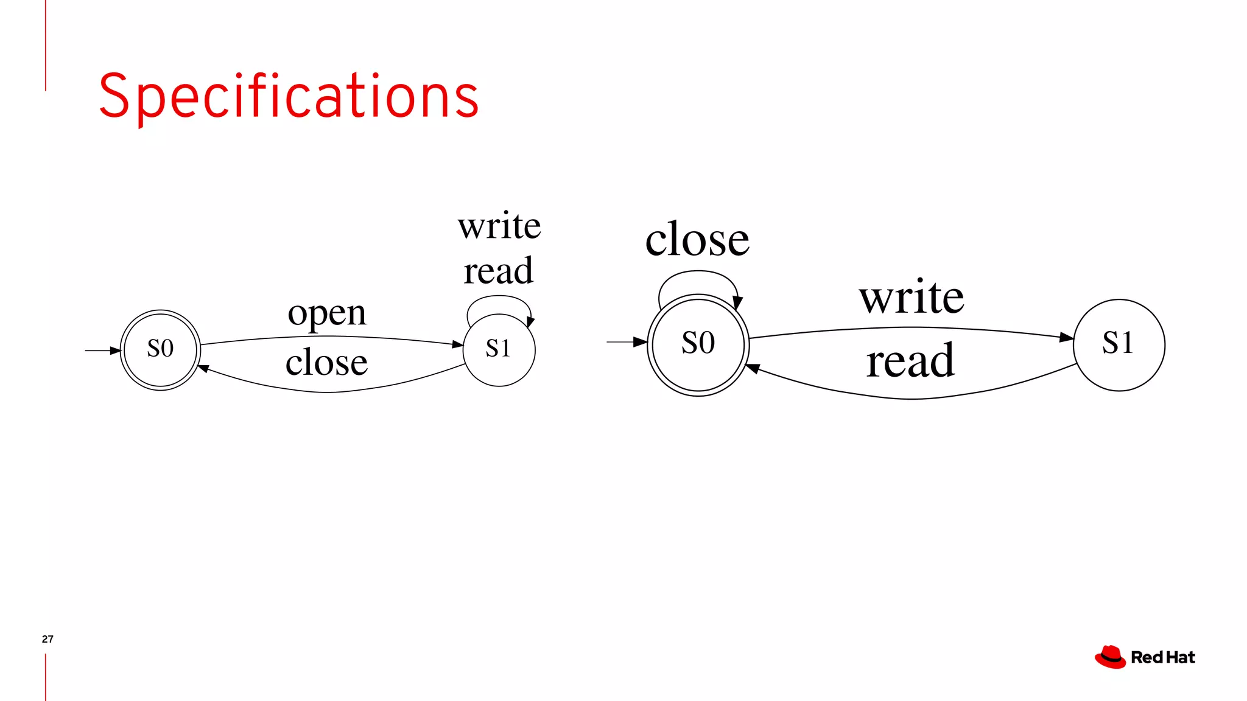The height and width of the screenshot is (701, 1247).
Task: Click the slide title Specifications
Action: pyautogui.click(x=289, y=96)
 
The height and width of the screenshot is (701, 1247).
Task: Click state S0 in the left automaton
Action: pyautogui.click(x=160, y=349)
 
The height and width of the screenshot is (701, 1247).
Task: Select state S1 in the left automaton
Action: pyautogui.click(x=499, y=349)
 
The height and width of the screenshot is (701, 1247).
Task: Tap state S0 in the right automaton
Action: pyautogui.click(x=698, y=344)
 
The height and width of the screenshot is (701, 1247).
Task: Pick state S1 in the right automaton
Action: pyautogui.click(x=1119, y=344)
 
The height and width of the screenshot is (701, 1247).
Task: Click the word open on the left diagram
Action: pyautogui.click(x=327, y=314)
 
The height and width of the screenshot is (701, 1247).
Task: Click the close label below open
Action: pyautogui.click(x=326, y=363)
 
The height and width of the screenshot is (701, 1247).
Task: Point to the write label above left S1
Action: pyautogui.click(x=499, y=226)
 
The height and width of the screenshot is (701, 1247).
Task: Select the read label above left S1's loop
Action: pyautogui.click(x=498, y=271)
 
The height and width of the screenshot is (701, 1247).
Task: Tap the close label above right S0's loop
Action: pyautogui.click(x=697, y=240)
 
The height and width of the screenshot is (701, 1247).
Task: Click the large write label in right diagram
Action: pyautogui.click(x=912, y=298)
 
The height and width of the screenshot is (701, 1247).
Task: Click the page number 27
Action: pyautogui.click(x=47, y=639)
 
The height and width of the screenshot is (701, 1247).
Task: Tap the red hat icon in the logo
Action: pyautogui.click(x=1110, y=657)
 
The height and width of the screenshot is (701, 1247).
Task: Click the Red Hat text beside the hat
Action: pyautogui.click(x=1162, y=658)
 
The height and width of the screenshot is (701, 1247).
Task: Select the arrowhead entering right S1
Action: pyautogui.click(x=1067, y=337)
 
